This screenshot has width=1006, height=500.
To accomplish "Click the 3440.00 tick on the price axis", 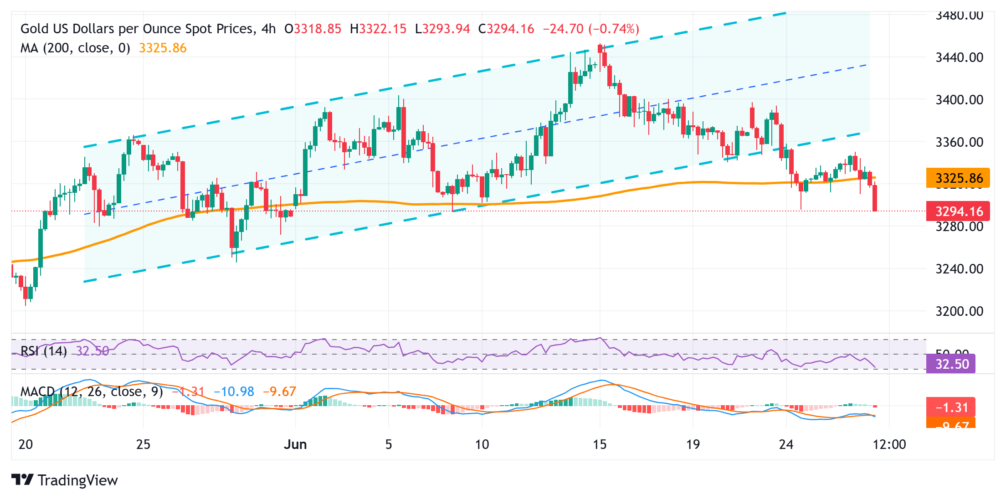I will (959, 57).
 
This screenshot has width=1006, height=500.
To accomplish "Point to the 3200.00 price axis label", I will (959, 311).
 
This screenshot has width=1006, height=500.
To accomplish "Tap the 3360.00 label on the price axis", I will (959, 142).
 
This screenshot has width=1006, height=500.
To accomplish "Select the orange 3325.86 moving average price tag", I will (958, 178).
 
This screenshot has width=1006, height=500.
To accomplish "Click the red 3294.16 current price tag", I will (958, 211).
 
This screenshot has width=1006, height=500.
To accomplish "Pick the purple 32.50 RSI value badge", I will (951, 364).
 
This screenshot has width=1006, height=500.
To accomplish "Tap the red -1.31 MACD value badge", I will (951, 407).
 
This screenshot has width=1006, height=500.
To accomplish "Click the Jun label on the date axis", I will (295, 444).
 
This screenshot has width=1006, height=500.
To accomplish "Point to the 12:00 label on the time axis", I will (889, 444).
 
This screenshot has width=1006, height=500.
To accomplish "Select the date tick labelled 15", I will (600, 444).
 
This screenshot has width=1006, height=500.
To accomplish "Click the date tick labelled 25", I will (143, 444).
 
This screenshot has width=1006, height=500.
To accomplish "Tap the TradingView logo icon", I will (22, 480).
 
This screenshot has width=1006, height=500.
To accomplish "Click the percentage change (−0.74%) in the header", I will (614, 29).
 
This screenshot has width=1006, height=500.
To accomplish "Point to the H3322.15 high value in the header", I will (378, 29).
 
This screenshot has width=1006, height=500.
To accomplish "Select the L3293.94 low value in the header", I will (442, 29).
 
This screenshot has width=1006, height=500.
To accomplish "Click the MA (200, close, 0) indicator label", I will (75, 48).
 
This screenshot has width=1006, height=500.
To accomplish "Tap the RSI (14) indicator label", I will (44, 351).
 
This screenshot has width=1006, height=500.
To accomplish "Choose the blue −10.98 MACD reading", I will (234, 392).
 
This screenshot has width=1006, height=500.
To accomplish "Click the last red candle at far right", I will (875, 198).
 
